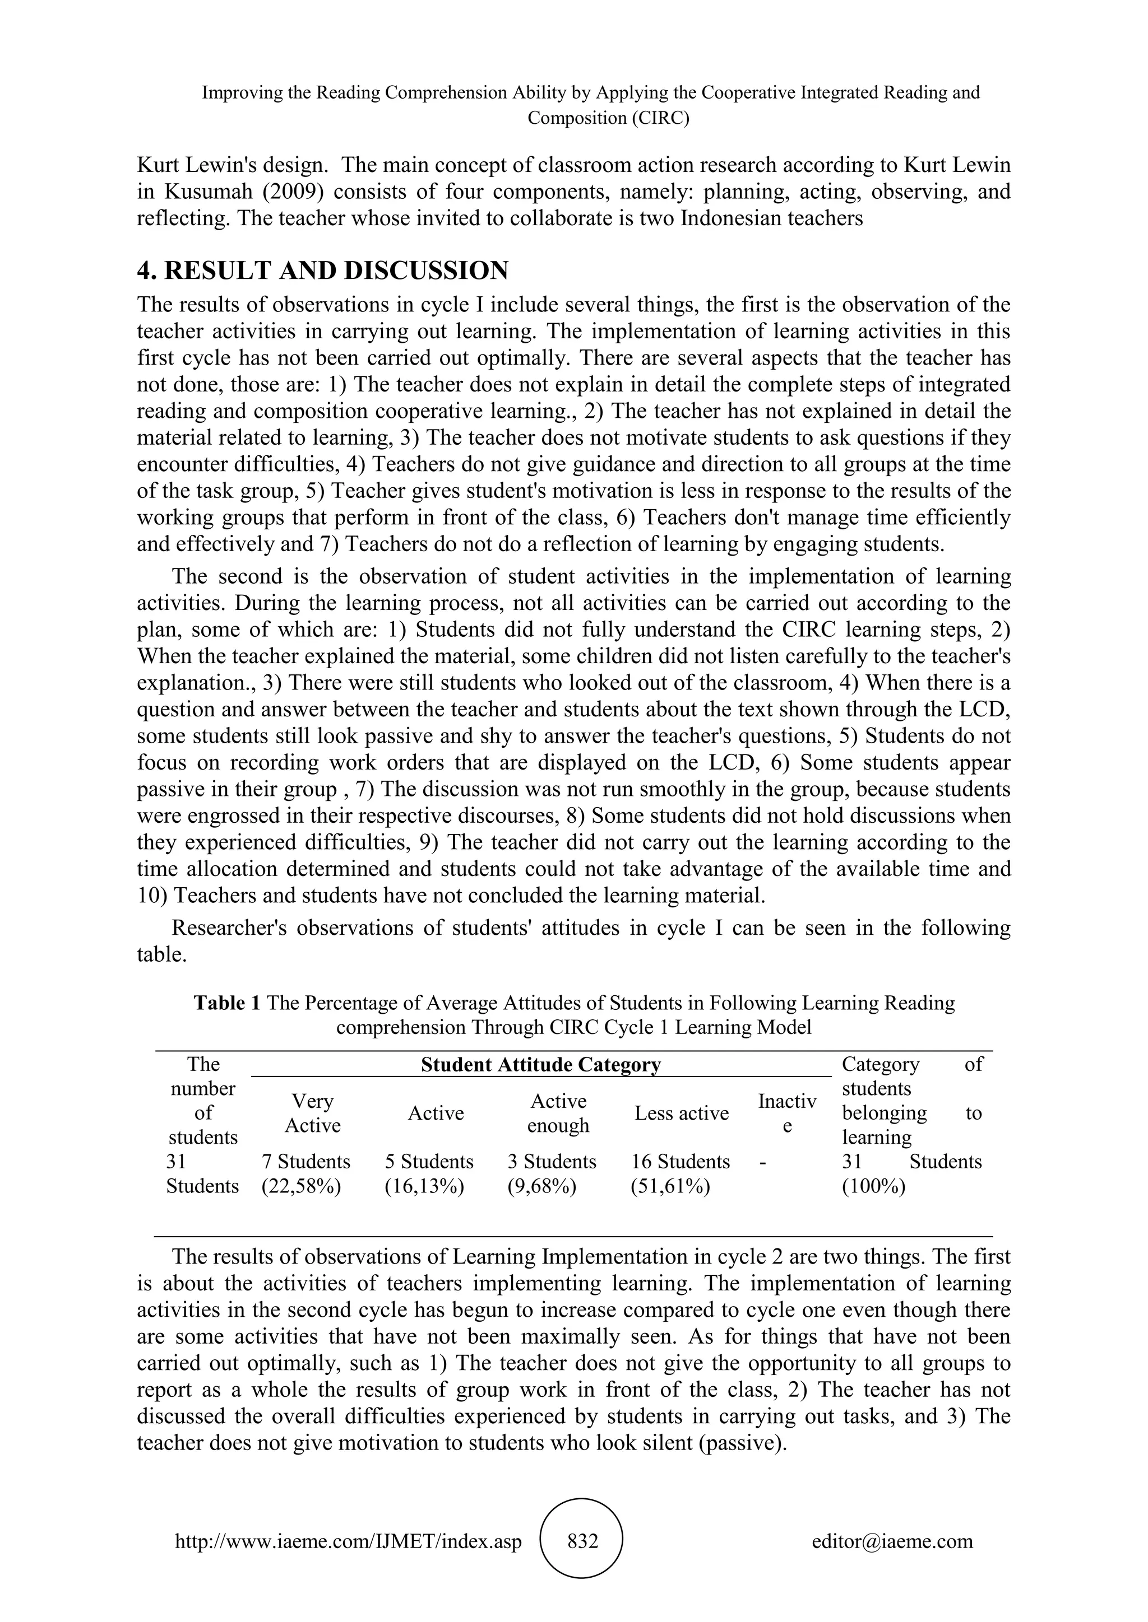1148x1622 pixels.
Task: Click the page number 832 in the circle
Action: coord(583,1541)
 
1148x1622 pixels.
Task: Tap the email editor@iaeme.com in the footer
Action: coord(892,1541)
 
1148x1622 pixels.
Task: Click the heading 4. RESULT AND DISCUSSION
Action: coord(322,271)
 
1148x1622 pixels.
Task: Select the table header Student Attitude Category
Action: coord(541,1064)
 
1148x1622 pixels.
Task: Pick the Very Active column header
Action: coord(312,1113)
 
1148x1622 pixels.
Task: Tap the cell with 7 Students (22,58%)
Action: coord(305,1173)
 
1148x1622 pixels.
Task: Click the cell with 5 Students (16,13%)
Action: coord(428,1173)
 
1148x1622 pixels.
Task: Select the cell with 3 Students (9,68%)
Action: coord(552,1173)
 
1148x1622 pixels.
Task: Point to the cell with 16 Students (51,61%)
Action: coord(680,1173)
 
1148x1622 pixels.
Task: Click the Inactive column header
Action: coord(787,1113)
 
